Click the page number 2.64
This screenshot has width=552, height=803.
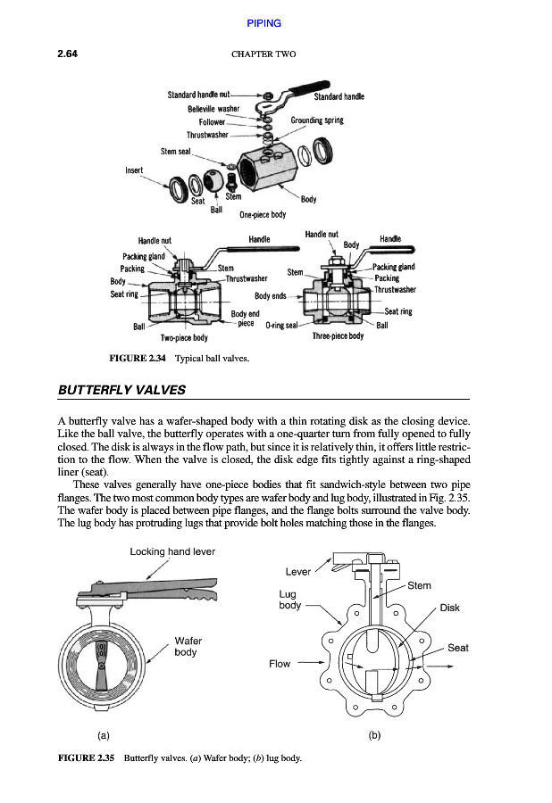(x=69, y=54)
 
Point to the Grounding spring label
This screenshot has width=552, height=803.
(x=317, y=120)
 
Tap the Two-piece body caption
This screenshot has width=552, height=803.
(x=184, y=337)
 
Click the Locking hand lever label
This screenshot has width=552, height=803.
(x=172, y=552)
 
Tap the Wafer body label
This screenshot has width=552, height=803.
(x=188, y=647)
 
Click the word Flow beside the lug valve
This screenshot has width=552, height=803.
(x=280, y=664)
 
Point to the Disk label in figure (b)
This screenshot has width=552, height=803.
(x=449, y=608)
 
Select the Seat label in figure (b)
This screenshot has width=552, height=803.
(x=458, y=648)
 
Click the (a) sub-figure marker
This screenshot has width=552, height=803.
(x=104, y=736)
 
